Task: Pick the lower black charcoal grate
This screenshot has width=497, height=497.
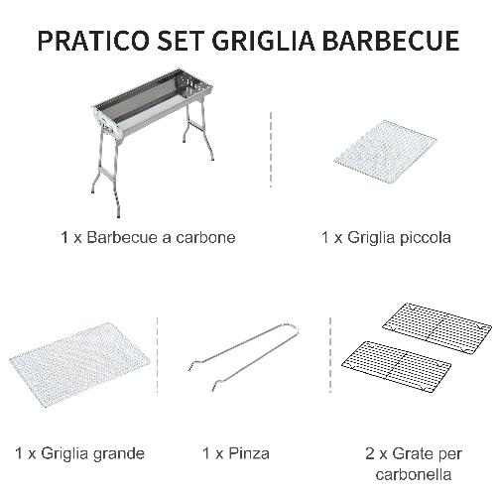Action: pyautogui.click(x=395, y=367)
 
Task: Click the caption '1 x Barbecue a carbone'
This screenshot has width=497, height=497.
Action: pyautogui.click(x=147, y=238)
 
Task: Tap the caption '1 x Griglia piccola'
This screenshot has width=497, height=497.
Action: pyautogui.click(x=386, y=238)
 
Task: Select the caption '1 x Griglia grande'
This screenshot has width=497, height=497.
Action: pyautogui.click(x=80, y=453)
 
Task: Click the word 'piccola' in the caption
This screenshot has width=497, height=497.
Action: pyautogui.click(x=424, y=238)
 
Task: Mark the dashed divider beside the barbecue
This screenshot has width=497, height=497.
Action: pyautogui.click(x=271, y=149)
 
